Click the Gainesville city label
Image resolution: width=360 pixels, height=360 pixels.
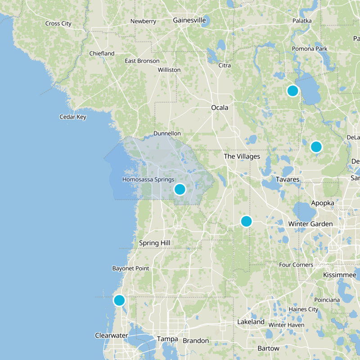pos(189,20)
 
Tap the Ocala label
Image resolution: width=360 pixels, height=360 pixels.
pos(220,108)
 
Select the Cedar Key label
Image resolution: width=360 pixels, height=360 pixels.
pos(73,117)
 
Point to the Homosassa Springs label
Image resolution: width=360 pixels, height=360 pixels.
pos(148,180)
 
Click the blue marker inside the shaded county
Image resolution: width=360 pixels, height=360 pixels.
pos(180,189)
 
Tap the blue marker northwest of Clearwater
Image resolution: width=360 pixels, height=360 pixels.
pos(119,300)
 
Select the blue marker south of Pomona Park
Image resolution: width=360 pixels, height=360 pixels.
pos(292,90)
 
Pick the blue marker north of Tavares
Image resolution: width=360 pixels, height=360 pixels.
pos(316,147)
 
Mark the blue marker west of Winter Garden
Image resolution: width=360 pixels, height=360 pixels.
pos(246,221)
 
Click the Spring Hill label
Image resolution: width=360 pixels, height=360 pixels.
pos(154,243)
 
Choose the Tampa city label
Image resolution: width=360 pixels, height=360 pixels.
pos(167,339)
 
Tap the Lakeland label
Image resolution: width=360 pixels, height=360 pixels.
pos(251,322)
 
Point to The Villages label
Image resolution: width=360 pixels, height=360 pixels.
pos(242,156)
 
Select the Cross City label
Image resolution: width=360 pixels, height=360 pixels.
pos(58,23)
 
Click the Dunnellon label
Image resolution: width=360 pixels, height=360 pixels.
pos(167,134)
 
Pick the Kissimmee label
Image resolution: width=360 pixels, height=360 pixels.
pos(340,274)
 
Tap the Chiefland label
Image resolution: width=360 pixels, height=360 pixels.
pos(102,53)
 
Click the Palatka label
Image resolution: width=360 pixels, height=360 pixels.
pos(302,21)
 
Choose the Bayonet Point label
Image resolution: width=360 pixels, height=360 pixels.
pos(130,268)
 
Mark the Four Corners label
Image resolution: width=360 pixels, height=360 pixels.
pos(296,265)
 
